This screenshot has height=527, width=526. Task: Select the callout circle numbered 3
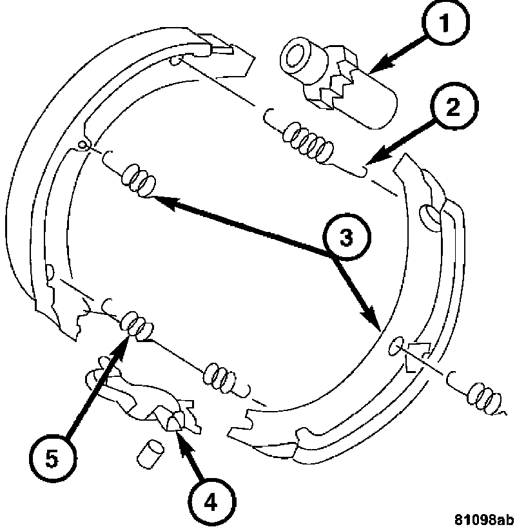click(346, 237)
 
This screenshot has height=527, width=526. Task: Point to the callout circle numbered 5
click(52, 458)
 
